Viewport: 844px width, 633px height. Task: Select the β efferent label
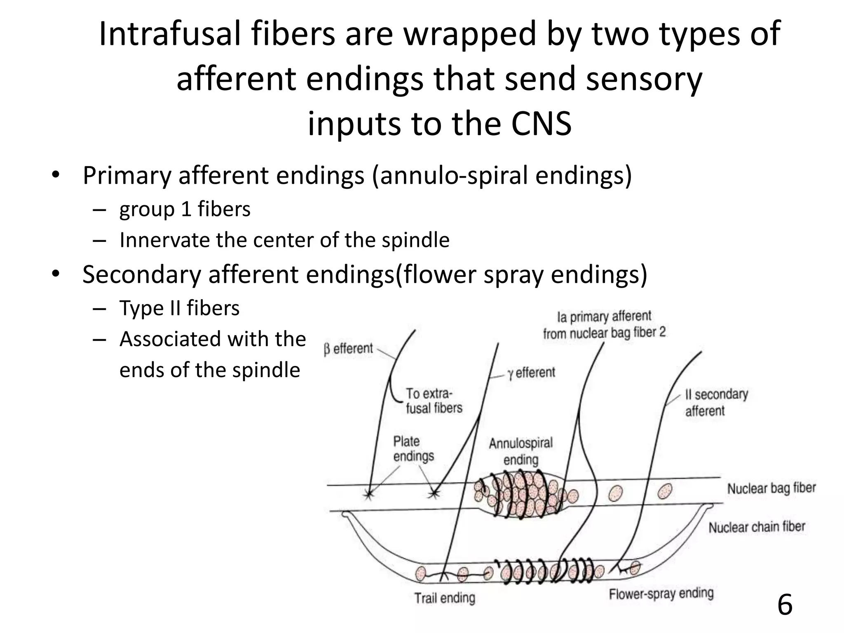[x=348, y=349]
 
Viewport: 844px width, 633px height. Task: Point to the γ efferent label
[x=531, y=373]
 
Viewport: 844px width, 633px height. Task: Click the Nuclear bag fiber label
[x=771, y=488]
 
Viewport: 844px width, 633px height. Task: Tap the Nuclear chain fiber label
[x=757, y=527]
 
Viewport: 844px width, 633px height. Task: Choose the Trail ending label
[x=445, y=598]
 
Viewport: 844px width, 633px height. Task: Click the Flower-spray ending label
[x=661, y=593]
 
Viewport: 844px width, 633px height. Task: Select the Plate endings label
[x=413, y=449]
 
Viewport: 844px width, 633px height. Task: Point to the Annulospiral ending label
[x=521, y=451]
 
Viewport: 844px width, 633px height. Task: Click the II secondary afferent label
[x=716, y=402]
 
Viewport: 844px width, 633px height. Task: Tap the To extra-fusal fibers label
[x=434, y=401]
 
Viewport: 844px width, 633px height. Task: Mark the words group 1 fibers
[x=185, y=209]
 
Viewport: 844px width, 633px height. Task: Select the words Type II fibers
[x=179, y=308]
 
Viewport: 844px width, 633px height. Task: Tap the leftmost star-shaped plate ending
[x=368, y=494]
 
